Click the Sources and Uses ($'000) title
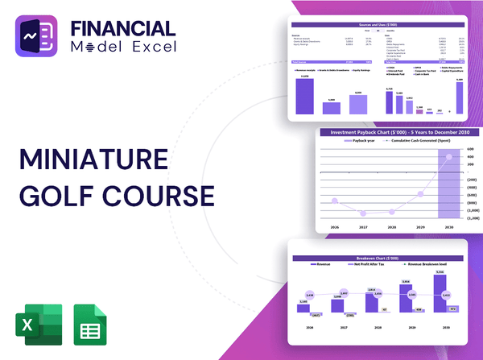[x=378, y=25]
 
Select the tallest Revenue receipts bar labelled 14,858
[x=305, y=96]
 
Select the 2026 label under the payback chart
[x=334, y=228]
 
